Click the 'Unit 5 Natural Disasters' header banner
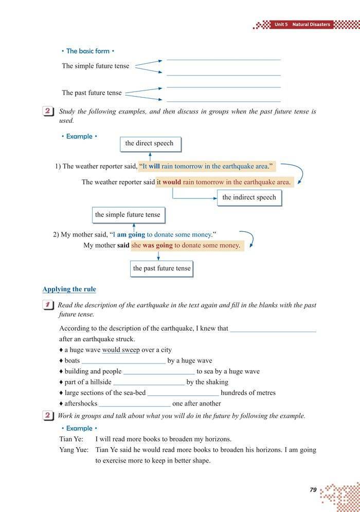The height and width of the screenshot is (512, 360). pos(302,24)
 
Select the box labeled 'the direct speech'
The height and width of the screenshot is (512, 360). pos(150,143)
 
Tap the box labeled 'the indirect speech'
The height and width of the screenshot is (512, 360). pos(249,197)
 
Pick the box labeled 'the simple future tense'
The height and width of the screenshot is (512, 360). pos(128,215)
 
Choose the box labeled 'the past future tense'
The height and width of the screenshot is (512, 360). pos(161,268)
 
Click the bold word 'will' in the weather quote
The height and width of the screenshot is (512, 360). pos(154,167)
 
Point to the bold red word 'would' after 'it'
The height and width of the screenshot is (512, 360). pos(172,182)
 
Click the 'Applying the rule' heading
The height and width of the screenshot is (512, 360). pos(69,289)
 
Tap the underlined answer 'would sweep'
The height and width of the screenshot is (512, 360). pos(121,350)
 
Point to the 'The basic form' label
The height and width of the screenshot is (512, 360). pos(87,51)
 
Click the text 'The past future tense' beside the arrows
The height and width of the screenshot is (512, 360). pos(92,93)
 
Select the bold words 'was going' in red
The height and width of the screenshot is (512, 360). pos(157,246)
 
